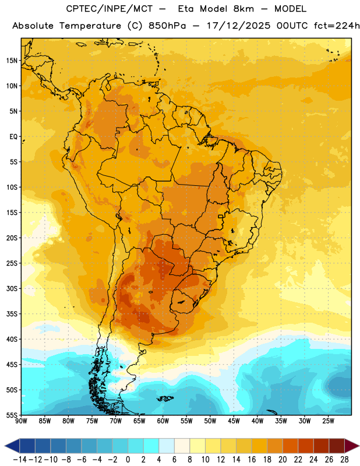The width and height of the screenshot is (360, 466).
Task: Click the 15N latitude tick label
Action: [x=12, y=61]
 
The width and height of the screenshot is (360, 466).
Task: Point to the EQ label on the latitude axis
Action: [x=13, y=137]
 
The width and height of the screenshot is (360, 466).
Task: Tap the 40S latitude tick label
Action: [x=12, y=339]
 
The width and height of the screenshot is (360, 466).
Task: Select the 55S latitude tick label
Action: [x=12, y=415]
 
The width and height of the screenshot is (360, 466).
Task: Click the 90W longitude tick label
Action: [x=21, y=421]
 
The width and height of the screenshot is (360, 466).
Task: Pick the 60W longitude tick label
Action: [x=163, y=421]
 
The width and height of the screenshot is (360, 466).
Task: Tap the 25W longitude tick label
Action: [x=328, y=421]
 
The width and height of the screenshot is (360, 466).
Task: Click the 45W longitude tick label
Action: [x=234, y=421]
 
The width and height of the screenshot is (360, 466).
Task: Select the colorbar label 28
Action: [x=344, y=460]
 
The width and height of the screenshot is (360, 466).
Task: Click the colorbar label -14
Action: [x=20, y=460]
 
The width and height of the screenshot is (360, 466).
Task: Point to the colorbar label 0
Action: [x=128, y=460]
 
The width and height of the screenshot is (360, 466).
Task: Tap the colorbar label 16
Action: [x=252, y=460]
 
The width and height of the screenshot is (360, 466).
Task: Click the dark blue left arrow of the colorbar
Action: [x=12, y=446]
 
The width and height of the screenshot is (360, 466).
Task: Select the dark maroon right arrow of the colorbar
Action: [x=352, y=446]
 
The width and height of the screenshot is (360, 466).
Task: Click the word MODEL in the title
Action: [x=290, y=9]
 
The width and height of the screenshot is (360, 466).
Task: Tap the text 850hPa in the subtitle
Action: [x=167, y=26]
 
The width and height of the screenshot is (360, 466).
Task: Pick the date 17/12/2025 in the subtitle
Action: [x=238, y=26]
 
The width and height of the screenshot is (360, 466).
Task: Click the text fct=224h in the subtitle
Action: [x=337, y=26]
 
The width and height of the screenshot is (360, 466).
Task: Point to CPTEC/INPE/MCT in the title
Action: [x=109, y=9]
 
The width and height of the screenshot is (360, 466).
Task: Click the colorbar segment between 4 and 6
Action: [x=167, y=446]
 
